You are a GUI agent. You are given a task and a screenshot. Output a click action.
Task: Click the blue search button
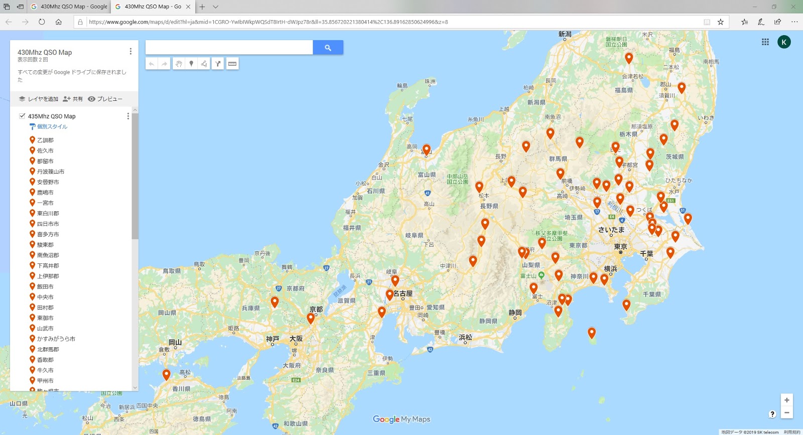click(328, 48)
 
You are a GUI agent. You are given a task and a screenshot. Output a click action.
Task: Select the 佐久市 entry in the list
click(45, 151)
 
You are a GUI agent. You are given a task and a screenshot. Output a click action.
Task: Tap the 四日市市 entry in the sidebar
click(48, 224)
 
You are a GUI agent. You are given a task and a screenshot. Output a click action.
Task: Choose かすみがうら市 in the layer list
click(56, 339)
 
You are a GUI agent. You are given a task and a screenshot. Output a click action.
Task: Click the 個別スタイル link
click(52, 126)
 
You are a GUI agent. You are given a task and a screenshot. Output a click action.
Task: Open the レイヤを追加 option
click(39, 99)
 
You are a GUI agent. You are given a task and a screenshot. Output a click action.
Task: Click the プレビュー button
click(105, 99)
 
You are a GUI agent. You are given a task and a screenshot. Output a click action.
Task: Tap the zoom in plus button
click(786, 400)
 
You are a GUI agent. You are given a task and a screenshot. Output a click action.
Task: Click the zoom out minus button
click(786, 412)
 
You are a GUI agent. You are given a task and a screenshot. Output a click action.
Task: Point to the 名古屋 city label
click(403, 294)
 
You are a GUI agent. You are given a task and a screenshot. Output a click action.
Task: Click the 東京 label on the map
click(620, 247)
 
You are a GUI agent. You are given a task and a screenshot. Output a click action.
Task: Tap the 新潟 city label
click(565, 34)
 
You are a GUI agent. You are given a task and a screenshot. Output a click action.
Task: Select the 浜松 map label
click(465, 337)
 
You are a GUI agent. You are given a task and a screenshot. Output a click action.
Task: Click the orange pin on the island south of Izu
click(592, 332)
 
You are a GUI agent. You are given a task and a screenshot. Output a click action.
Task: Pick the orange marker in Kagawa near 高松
click(167, 374)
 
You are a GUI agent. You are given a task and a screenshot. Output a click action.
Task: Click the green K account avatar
click(784, 42)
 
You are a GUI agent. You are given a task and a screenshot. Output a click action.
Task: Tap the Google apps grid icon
click(765, 42)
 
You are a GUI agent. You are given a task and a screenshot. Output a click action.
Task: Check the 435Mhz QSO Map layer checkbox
click(22, 116)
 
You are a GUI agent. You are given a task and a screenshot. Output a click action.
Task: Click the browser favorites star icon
click(721, 22)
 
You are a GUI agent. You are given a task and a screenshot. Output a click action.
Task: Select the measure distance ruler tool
click(232, 64)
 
